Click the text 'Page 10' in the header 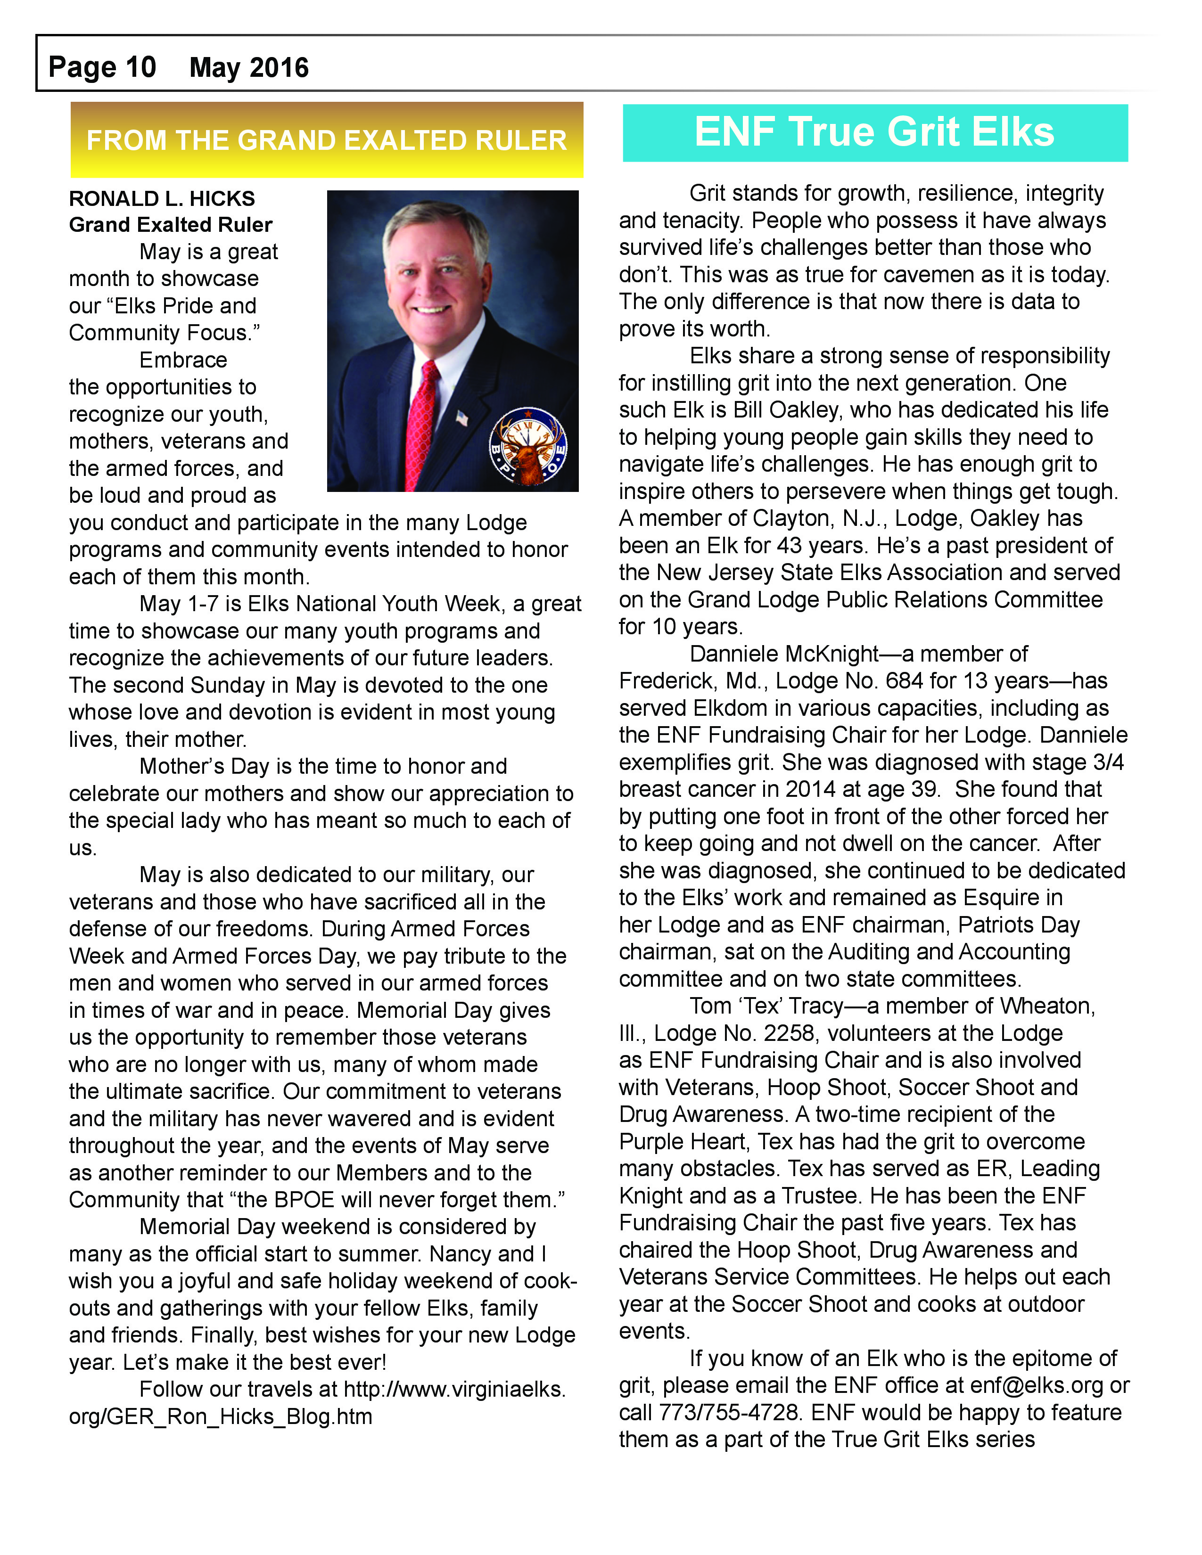[x=102, y=68]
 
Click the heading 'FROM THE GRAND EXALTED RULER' [x=326, y=140]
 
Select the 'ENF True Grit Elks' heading [x=874, y=132]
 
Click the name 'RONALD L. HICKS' [x=162, y=199]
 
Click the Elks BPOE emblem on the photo [x=527, y=446]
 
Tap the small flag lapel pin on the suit [x=462, y=418]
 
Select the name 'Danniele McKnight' [x=785, y=654]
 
